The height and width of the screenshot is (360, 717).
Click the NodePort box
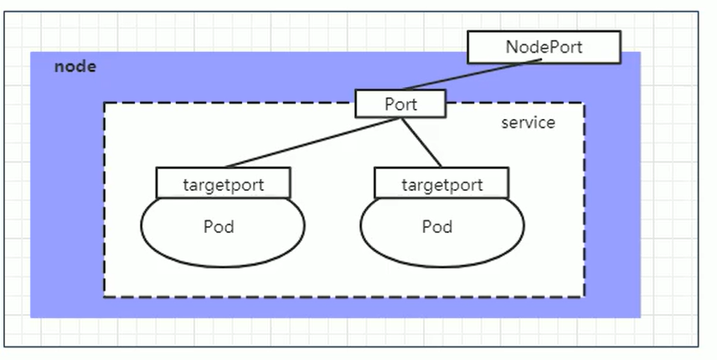tap(544, 47)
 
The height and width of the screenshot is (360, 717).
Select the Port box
tap(400, 104)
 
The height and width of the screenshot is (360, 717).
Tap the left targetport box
tap(223, 183)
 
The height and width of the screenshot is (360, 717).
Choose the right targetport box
tap(441, 183)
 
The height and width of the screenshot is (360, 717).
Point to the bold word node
tap(75, 67)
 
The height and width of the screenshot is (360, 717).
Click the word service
tap(528, 123)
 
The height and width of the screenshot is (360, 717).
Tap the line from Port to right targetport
tap(421, 143)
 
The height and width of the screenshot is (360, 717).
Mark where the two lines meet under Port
tap(400, 118)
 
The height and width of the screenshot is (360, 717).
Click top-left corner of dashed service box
tap(105, 104)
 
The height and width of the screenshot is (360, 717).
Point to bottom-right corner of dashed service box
tap(584, 296)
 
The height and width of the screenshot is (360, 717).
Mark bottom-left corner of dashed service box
tap(105, 296)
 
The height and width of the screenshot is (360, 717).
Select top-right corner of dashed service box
tap(584, 104)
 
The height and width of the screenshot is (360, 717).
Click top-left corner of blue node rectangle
tap(32, 53)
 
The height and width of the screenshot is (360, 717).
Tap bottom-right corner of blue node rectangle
tap(640, 317)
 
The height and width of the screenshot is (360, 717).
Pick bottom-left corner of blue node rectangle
tap(32, 317)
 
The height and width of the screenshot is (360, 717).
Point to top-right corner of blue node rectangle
tap(640, 53)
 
